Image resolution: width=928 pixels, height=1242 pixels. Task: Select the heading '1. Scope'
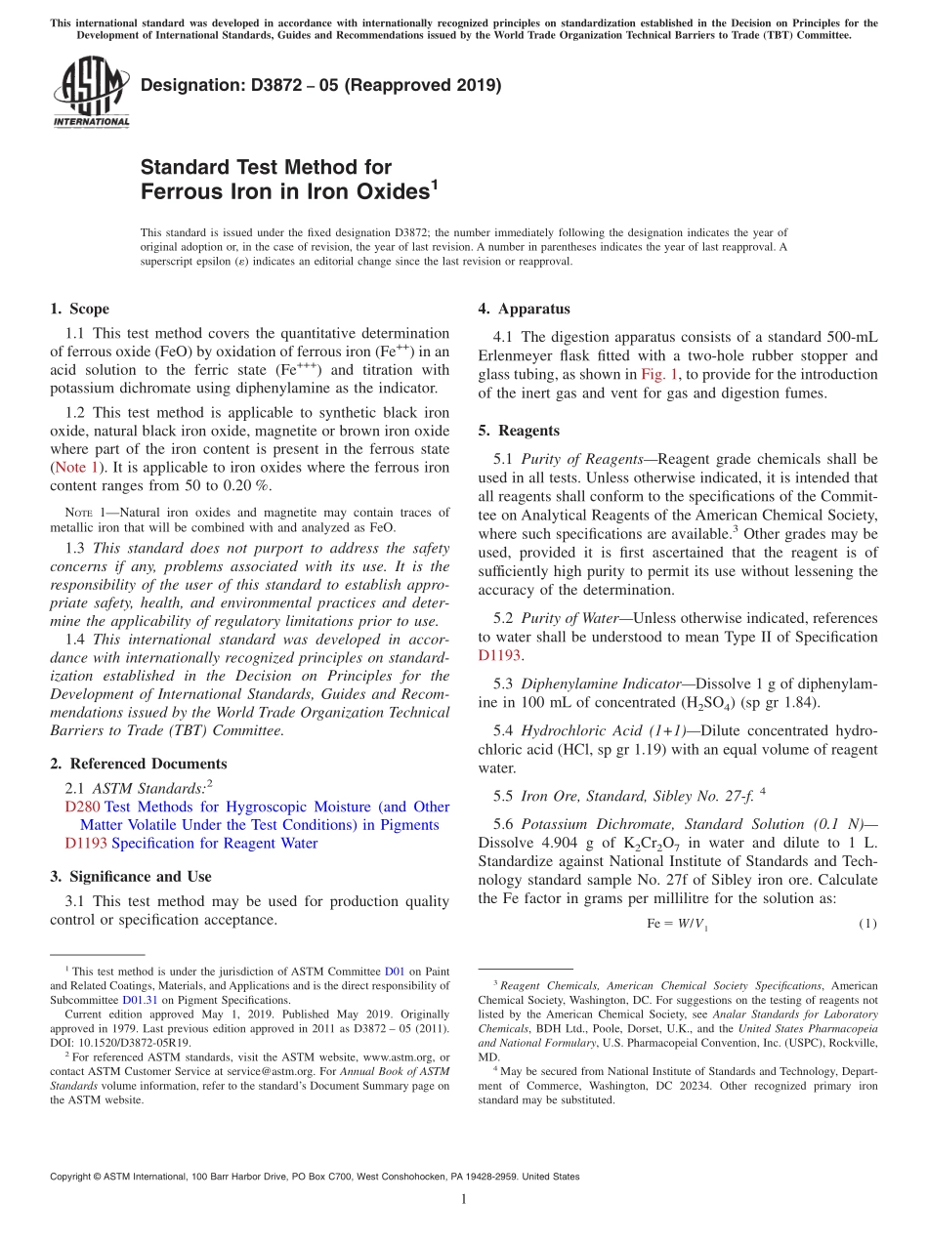point(79,310)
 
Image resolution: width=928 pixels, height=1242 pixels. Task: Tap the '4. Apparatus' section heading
point(524,310)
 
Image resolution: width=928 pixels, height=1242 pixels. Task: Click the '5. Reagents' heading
point(519,431)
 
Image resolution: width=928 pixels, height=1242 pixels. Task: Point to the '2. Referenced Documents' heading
point(138,764)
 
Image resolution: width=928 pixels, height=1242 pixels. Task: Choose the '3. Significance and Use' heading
point(130,877)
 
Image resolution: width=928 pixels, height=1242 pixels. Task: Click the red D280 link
point(82,807)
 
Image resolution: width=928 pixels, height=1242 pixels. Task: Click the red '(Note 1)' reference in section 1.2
point(78,468)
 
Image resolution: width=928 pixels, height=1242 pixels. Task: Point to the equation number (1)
point(866,924)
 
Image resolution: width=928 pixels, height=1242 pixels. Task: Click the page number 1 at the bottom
point(464,1200)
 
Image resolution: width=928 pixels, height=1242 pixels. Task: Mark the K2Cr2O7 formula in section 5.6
point(617,844)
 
